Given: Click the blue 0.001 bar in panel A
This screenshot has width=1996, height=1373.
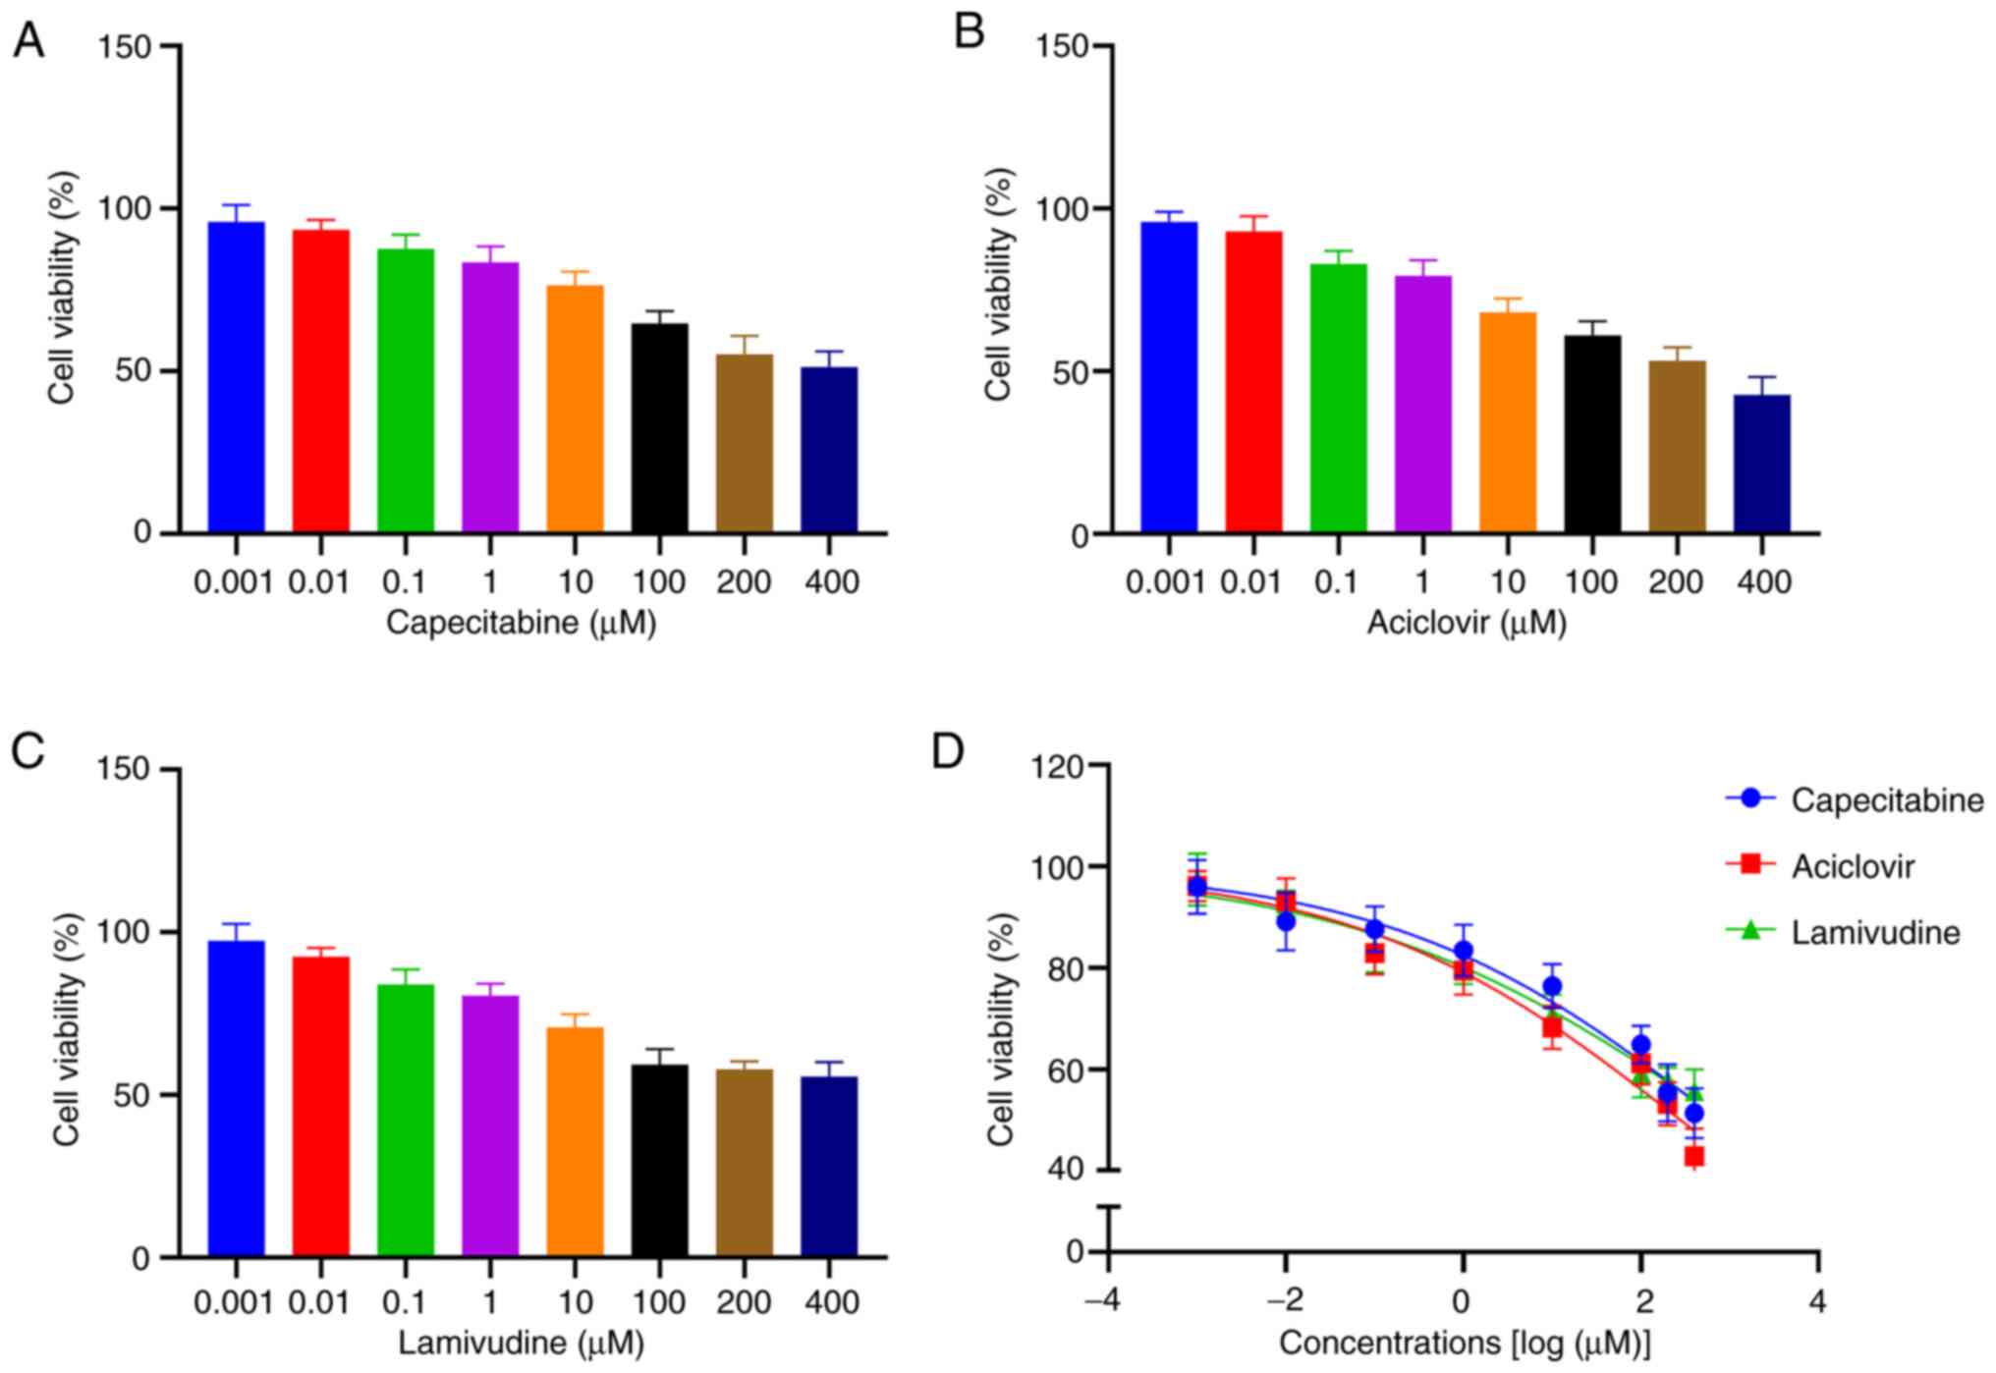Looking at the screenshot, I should point(236,378).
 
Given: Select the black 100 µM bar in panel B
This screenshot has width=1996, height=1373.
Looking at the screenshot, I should point(1592,434).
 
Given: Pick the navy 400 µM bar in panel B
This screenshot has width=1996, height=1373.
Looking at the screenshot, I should point(1761,464).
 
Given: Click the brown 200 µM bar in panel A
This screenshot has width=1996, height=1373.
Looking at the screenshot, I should point(744,443).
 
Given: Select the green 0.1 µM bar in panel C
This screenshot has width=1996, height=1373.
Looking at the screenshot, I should point(405,1121).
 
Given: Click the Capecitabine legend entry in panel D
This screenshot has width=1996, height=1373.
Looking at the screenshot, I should point(1886,800).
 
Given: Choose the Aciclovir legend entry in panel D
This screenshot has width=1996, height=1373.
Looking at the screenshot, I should point(1852,866).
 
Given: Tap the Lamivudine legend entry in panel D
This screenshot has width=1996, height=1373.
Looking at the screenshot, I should point(1874,932).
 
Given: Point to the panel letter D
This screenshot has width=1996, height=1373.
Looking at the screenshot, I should point(948,753).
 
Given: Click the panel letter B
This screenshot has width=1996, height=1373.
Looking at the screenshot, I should point(969,34).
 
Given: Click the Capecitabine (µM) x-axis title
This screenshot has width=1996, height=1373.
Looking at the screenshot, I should point(521,623).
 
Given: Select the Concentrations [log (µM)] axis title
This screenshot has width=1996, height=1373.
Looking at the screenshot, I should point(1464,1343).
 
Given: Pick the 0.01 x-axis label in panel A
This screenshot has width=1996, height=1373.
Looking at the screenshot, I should point(318,582).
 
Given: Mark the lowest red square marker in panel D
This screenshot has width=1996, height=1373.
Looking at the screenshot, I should point(1693,1156).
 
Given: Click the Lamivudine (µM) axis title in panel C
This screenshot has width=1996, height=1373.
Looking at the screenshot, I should point(521,1343).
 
